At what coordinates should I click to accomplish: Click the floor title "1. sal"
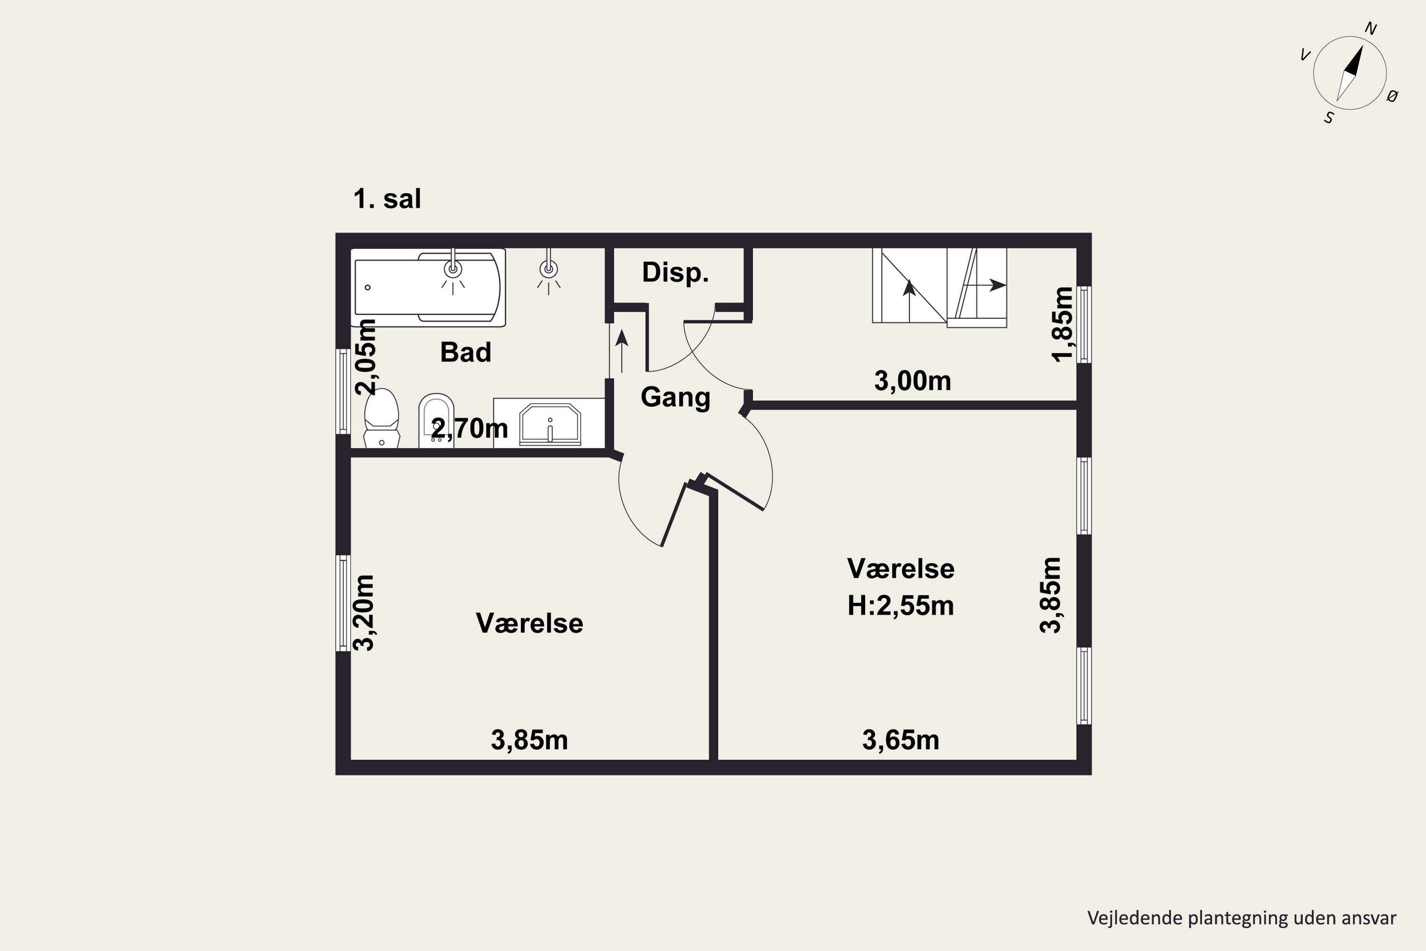387,199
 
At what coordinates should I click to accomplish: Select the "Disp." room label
675,272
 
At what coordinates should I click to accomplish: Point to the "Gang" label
675,397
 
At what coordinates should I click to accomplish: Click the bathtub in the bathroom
428,288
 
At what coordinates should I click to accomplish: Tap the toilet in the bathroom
381,418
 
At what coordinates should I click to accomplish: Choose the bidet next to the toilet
436,420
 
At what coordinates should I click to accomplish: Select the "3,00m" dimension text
913,381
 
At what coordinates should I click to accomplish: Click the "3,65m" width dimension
900,740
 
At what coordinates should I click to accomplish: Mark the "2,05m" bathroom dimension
366,357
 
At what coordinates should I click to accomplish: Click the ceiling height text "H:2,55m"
900,606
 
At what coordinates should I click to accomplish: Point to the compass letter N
1370,29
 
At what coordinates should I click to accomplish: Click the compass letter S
1329,117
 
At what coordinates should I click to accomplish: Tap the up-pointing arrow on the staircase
909,300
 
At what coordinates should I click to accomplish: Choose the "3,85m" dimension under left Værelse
530,740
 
